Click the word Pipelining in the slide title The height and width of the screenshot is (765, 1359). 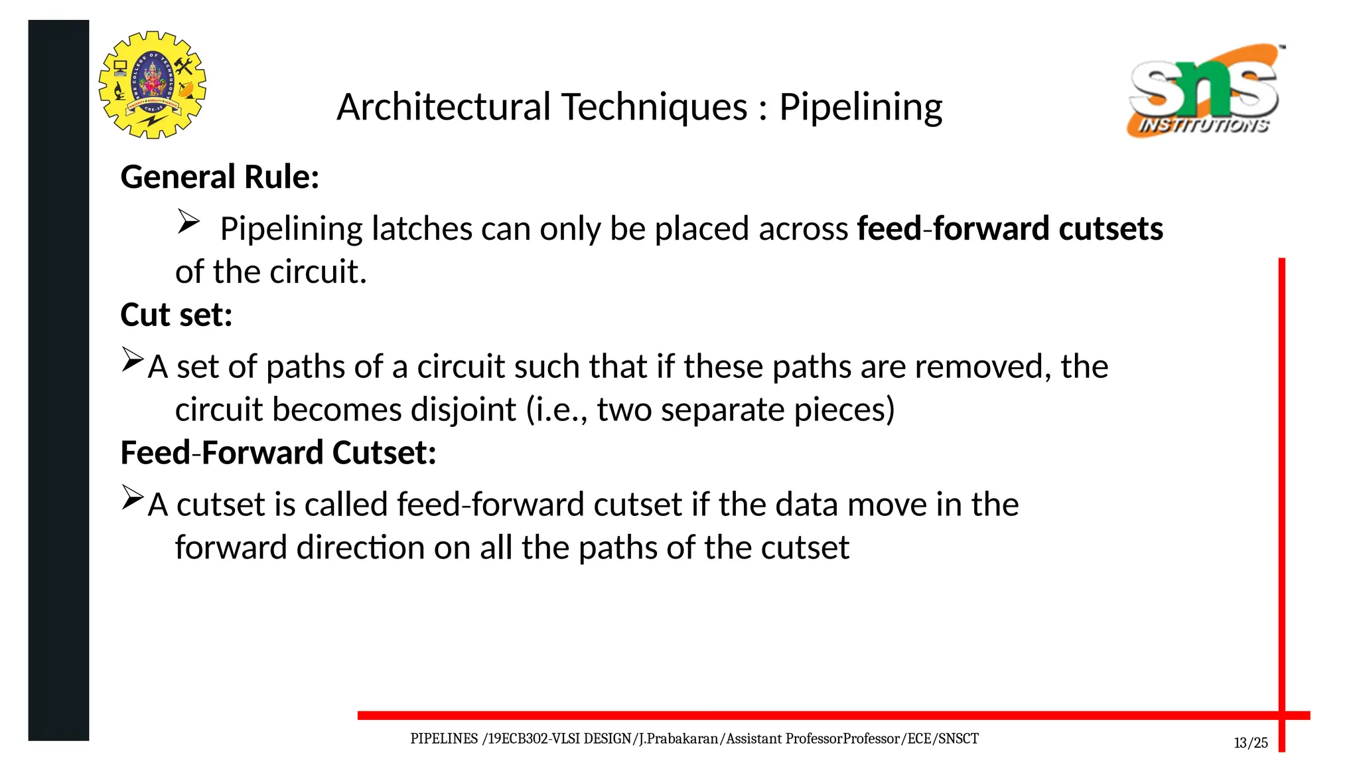pyautogui.click(x=860, y=108)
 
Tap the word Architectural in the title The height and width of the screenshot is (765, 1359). pyautogui.click(x=443, y=108)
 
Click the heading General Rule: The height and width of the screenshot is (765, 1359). pyautogui.click(x=220, y=177)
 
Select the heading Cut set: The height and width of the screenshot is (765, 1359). pyautogui.click(x=177, y=315)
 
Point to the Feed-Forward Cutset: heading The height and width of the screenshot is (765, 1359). pyautogui.click(x=278, y=453)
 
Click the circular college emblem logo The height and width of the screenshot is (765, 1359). pyautogui.click(x=152, y=85)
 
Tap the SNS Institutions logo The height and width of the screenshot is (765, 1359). pyautogui.click(x=1205, y=91)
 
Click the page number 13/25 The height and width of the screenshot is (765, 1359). pyautogui.click(x=1250, y=743)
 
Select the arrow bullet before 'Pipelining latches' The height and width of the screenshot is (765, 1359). pyautogui.click(x=188, y=222)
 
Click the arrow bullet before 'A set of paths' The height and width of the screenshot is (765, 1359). pyautogui.click(x=133, y=360)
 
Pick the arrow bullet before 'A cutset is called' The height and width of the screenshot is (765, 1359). pyautogui.click(x=133, y=498)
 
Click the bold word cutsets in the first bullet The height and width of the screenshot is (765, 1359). pyautogui.click(x=1110, y=229)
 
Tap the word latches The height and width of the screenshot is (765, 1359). pyautogui.click(x=422, y=229)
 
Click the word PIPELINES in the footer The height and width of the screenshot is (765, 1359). pyautogui.click(x=444, y=739)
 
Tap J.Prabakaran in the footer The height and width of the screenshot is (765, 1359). pyautogui.click(x=678, y=739)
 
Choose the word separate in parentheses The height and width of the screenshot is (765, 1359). pyautogui.click(x=723, y=410)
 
